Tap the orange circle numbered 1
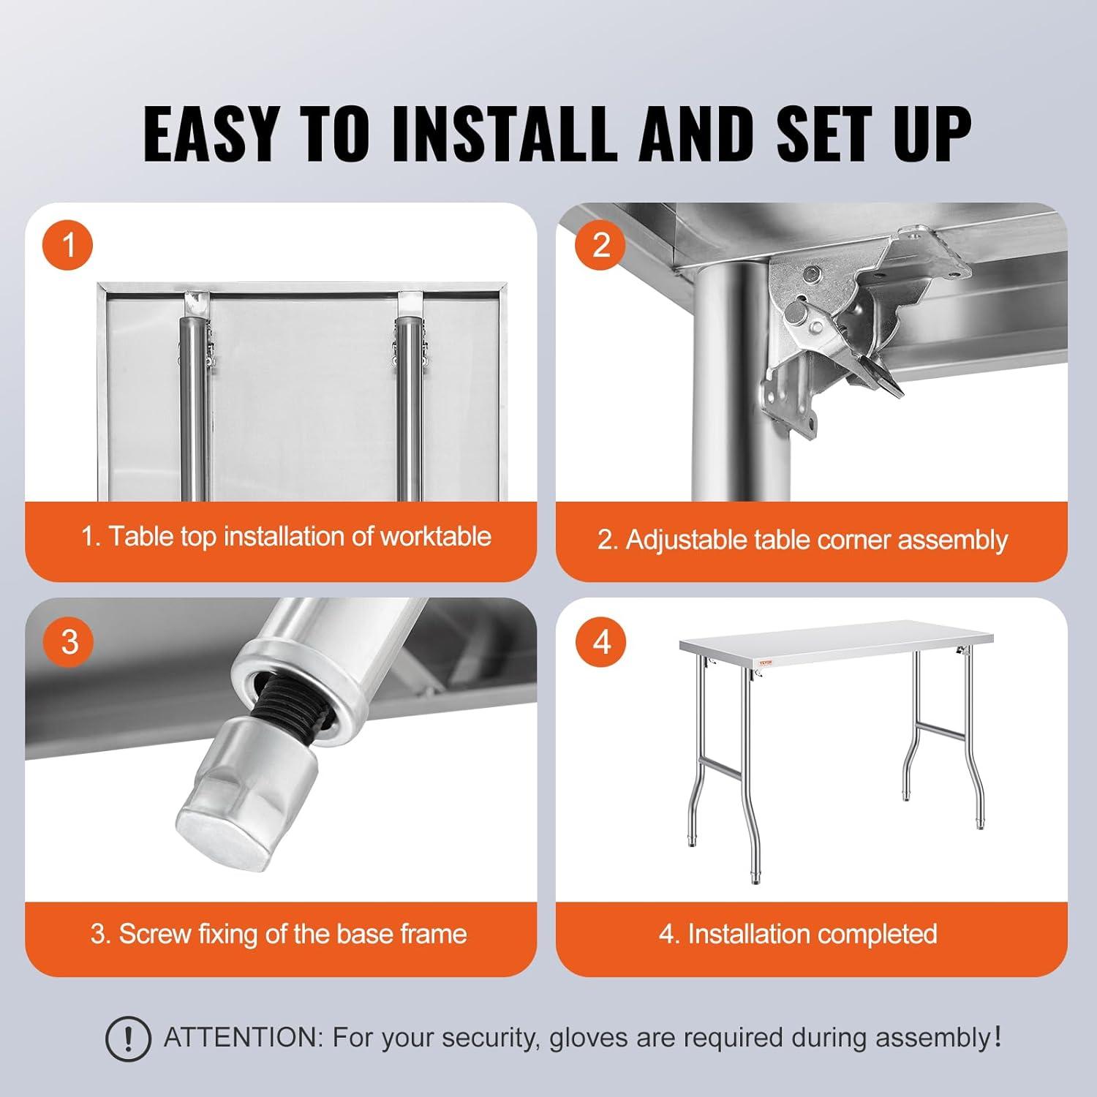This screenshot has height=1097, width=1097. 69,244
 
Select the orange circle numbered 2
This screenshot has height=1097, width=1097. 600,244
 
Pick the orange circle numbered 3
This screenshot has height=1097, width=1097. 69,641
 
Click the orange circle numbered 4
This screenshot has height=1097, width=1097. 600,641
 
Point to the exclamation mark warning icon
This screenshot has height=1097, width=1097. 128,1038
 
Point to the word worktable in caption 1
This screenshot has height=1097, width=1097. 436,537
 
